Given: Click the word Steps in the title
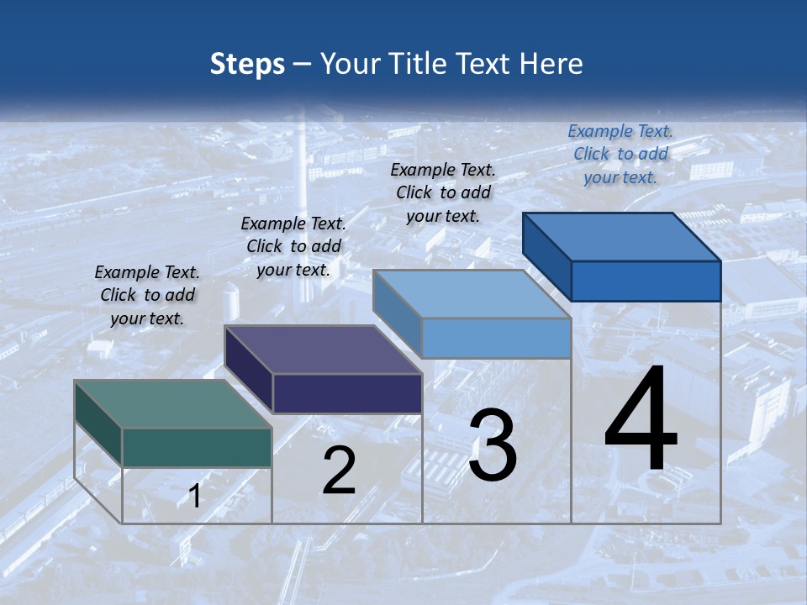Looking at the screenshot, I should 247,64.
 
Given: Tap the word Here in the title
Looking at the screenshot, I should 551,64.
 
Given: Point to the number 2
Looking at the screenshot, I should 339,471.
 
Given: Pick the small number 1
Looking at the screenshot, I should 194,496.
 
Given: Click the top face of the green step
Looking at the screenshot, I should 172,404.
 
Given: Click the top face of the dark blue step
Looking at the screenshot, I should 622,237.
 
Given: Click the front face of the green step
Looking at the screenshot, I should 197,447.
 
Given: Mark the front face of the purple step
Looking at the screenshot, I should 347,393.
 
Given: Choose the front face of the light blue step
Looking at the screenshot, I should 497,338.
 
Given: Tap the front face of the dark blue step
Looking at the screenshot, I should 646,281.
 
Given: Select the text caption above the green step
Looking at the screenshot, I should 147,295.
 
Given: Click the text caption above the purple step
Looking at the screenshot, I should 293,246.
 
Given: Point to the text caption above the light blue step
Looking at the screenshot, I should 443,192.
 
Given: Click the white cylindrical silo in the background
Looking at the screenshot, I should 230,302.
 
